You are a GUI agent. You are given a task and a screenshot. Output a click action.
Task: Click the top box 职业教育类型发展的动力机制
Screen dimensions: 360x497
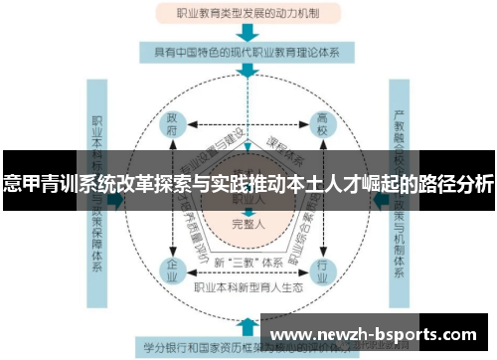pyautogui.click(x=248, y=15)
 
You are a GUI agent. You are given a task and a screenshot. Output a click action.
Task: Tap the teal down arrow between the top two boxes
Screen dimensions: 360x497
pyautogui.click(x=248, y=32)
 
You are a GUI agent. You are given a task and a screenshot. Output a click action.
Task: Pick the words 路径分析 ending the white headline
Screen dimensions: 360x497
pyautogui.click(x=458, y=183)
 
